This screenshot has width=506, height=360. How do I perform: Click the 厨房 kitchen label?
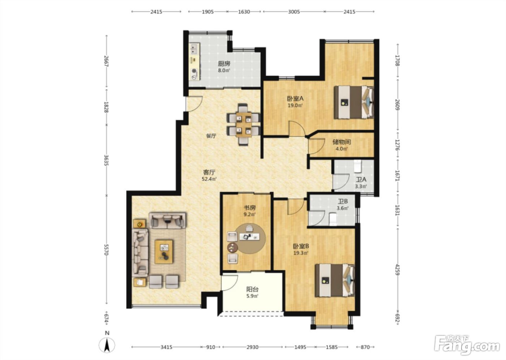(224, 64)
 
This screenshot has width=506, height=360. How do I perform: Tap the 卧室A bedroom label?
(295, 98)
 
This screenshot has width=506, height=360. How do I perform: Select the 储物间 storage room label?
(342, 142)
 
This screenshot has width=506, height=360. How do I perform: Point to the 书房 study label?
(249, 207)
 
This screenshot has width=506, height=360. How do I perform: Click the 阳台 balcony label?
(252, 289)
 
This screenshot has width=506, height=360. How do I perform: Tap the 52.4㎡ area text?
(209, 179)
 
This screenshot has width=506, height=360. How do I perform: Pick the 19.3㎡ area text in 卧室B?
(301, 253)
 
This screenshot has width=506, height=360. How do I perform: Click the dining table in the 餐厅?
(244, 124)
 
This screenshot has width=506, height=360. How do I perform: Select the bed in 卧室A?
(353, 102)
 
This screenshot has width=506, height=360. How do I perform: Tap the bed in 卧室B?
(335, 280)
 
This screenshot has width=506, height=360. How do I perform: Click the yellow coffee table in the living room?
(164, 252)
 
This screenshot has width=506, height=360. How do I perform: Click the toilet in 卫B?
(333, 219)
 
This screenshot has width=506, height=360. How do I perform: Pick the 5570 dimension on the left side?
(106, 249)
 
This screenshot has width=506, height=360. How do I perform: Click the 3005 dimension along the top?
(293, 12)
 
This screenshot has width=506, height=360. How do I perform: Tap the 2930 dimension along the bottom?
(252, 347)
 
